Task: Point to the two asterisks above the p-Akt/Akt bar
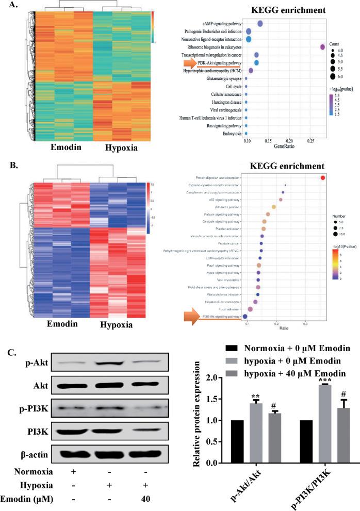tap(241, 397)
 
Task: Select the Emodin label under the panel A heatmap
tap(51, 147)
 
